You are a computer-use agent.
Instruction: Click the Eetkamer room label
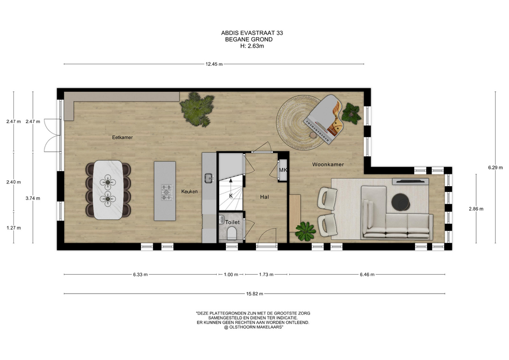click(122, 137)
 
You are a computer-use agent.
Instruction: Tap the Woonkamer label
click(328, 164)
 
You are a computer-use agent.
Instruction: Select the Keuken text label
click(189, 191)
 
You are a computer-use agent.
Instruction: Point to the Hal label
click(264, 197)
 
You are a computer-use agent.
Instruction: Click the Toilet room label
click(232, 222)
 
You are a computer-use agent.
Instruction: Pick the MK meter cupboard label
click(283, 170)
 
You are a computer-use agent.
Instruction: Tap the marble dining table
click(108, 190)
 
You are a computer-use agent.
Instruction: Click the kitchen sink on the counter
click(208, 178)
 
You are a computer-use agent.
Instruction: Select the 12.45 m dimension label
click(214, 64)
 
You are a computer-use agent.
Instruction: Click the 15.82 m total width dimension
click(254, 294)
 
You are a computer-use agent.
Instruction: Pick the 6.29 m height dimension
click(495, 168)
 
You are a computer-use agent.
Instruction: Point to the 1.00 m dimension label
click(231, 275)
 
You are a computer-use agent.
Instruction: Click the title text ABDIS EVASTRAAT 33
click(252, 33)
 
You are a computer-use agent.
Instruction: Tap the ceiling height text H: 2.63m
click(252, 46)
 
